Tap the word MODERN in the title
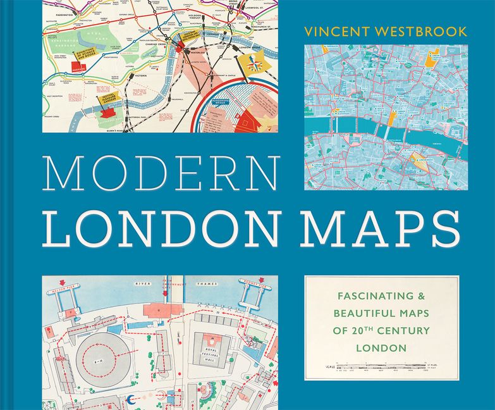click(162, 172)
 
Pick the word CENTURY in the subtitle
click(404, 330)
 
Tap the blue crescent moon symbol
click(131, 399)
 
